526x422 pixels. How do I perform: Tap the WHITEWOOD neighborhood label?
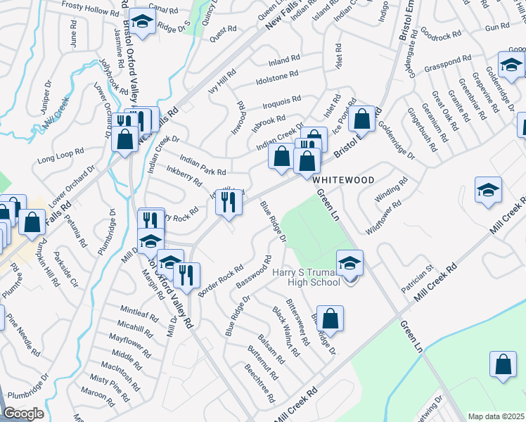click(x=344, y=180)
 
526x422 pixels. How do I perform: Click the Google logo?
click(x=23, y=414)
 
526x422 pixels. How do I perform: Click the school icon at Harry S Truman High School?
click(x=350, y=264)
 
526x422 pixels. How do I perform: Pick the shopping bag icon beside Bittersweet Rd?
click(x=330, y=319)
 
